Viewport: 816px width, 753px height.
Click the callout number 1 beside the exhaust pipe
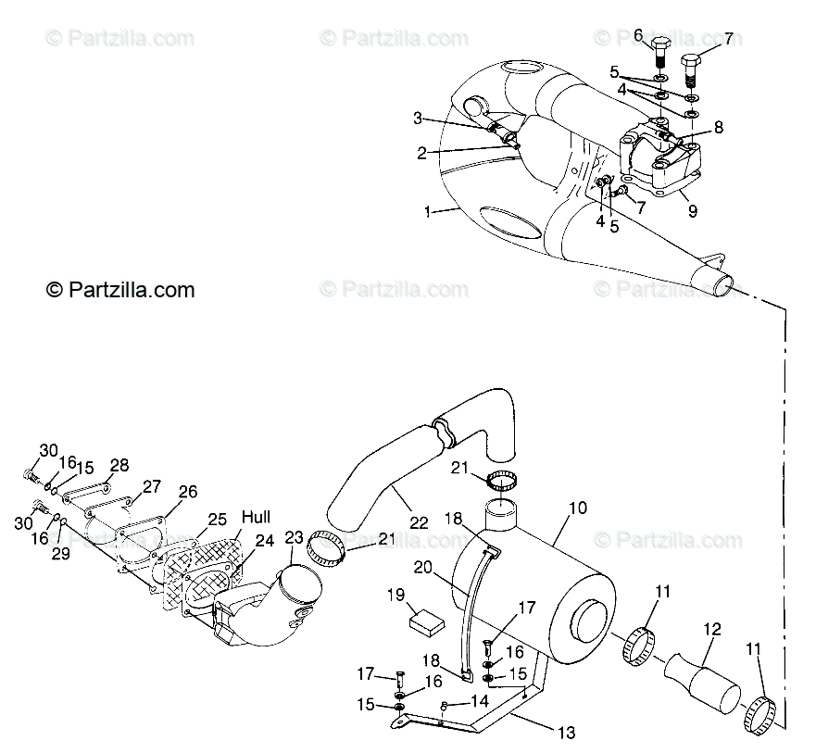tap(428, 211)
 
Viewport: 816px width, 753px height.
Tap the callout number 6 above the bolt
tap(638, 35)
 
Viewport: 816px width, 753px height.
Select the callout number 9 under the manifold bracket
tap(692, 210)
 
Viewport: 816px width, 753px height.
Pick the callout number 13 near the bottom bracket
tap(567, 733)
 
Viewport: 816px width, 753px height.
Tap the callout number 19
tap(395, 595)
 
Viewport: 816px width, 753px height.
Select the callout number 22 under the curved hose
tap(419, 522)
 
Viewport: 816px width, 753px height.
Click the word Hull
tap(257, 516)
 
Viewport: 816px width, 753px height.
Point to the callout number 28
tap(119, 465)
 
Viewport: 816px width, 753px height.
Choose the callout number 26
tap(187, 492)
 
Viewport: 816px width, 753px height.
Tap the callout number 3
tap(418, 118)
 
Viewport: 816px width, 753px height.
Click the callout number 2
tap(421, 153)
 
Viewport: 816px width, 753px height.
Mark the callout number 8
tap(719, 127)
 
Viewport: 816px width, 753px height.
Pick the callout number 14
tap(481, 701)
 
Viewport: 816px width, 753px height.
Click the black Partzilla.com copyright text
tap(120, 290)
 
